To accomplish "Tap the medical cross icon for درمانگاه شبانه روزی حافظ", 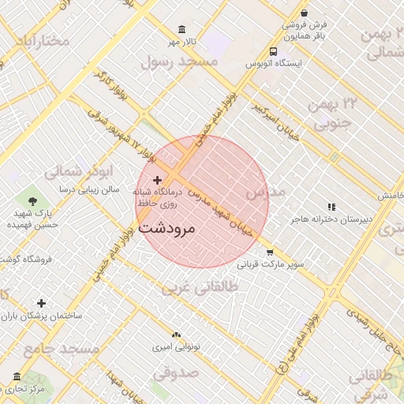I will [157, 181].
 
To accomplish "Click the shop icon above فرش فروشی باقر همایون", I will [305, 13].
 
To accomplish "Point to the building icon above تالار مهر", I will [182, 29].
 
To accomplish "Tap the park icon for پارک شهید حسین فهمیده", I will [32, 203].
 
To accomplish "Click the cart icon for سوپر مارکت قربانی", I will [270, 252].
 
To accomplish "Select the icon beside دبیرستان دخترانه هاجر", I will [331, 207].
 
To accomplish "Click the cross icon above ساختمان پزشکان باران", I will [41, 303].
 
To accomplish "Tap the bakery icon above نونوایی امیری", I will [176, 335].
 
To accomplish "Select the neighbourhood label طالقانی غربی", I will [200, 288].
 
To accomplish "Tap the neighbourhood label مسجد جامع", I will [61, 349].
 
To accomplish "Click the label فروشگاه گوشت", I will [27, 259].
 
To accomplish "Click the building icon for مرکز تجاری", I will [17, 376].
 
